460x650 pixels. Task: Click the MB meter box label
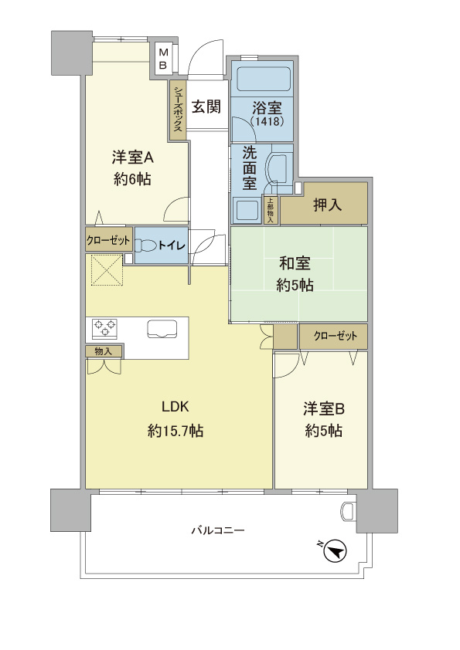pyautogui.click(x=163, y=59)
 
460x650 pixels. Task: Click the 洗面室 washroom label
pyautogui.click(x=249, y=168)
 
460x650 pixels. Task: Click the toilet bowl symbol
pyautogui.click(x=146, y=245)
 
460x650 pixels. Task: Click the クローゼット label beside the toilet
pyautogui.click(x=108, y=240)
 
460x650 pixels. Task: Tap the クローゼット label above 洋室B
pyautogui.click(x=336, y=336)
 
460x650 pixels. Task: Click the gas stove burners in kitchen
pyautogui.click(x=104, y=328)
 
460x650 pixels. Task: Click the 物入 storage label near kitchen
pyautogui.click(x=104, y=351)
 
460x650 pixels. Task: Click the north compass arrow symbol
pyautogui.click(x=334, y=550)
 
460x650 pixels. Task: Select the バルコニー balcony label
pyautogui.click(x=218, y=531)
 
